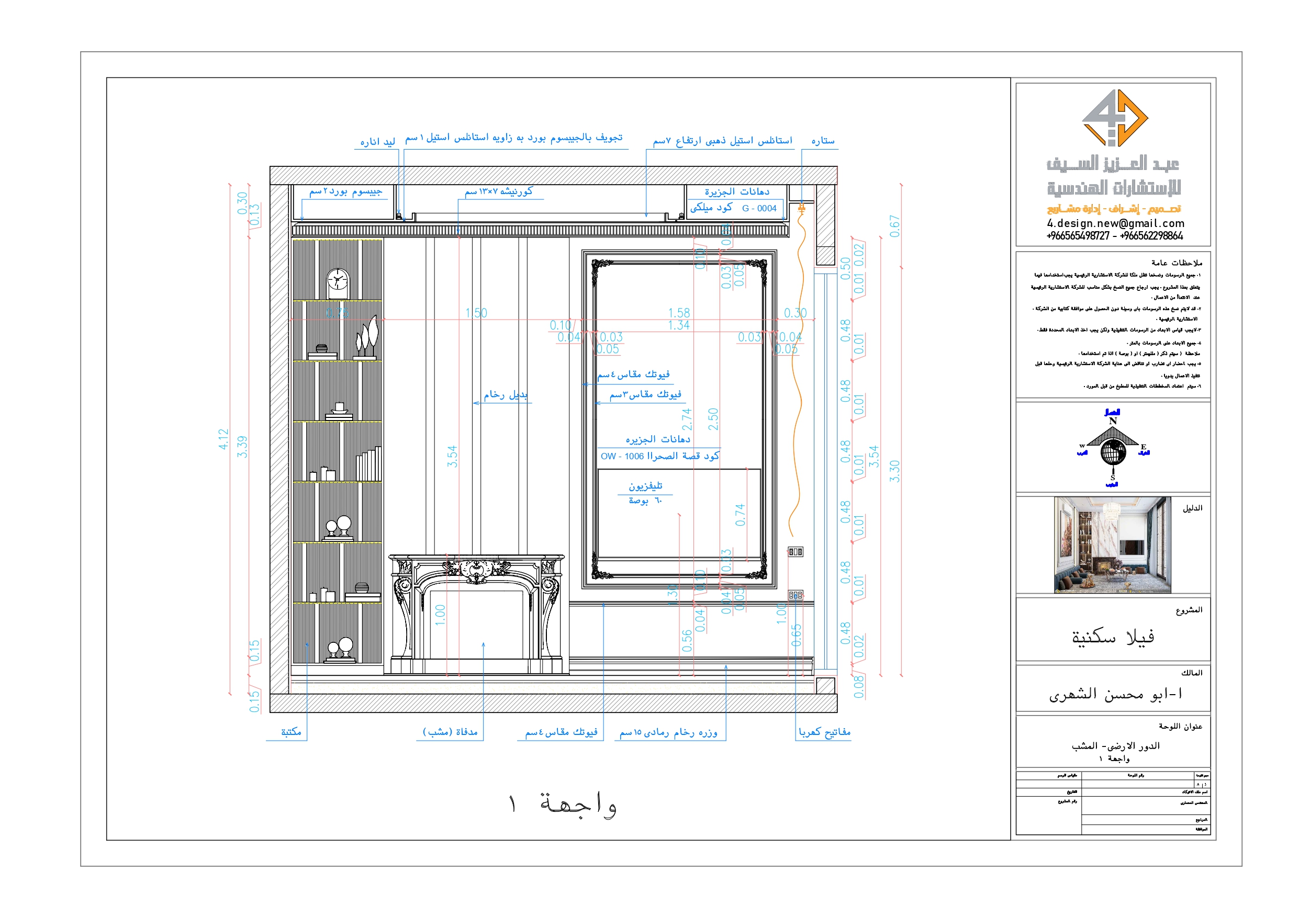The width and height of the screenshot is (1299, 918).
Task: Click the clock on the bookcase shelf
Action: tap(338, 284)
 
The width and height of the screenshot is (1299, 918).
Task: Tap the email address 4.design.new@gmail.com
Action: tap(1115, 223)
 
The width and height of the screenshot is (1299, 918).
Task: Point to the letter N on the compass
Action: tap(1112, 421)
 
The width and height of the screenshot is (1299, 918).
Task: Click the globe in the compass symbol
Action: tap(1113, 452)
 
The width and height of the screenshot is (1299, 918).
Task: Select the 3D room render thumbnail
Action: tap(1112, 545)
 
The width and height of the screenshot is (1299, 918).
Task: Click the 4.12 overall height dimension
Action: tap(223, 439)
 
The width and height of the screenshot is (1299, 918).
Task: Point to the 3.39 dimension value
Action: tap(242, 447)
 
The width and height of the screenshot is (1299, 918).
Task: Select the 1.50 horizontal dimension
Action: tap(476, 313)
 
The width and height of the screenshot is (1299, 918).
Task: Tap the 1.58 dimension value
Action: tap(678, 313)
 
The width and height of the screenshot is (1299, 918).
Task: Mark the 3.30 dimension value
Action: tap(894, 471)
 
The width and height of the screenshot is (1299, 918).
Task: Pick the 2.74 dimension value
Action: tap(687, 419)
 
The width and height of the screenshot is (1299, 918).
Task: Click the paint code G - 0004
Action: tap(759, 208)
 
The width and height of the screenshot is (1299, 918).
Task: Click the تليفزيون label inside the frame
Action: tap(645, 486)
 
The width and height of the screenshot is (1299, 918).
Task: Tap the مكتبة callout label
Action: tap(291, 732)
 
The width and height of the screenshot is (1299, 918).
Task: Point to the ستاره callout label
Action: tap(823, 140)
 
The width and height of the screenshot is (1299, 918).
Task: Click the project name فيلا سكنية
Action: tap(1112, 638)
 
